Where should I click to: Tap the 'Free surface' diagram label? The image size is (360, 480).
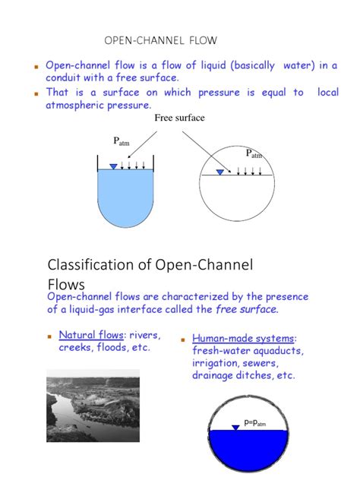coord(179,118)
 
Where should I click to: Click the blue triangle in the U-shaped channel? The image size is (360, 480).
coord(113,166)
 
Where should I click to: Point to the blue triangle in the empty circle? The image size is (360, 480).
coord(220,172)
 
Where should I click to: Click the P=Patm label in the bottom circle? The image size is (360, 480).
coord(254,423)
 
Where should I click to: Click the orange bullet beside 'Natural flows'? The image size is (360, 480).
coord(48,336)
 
